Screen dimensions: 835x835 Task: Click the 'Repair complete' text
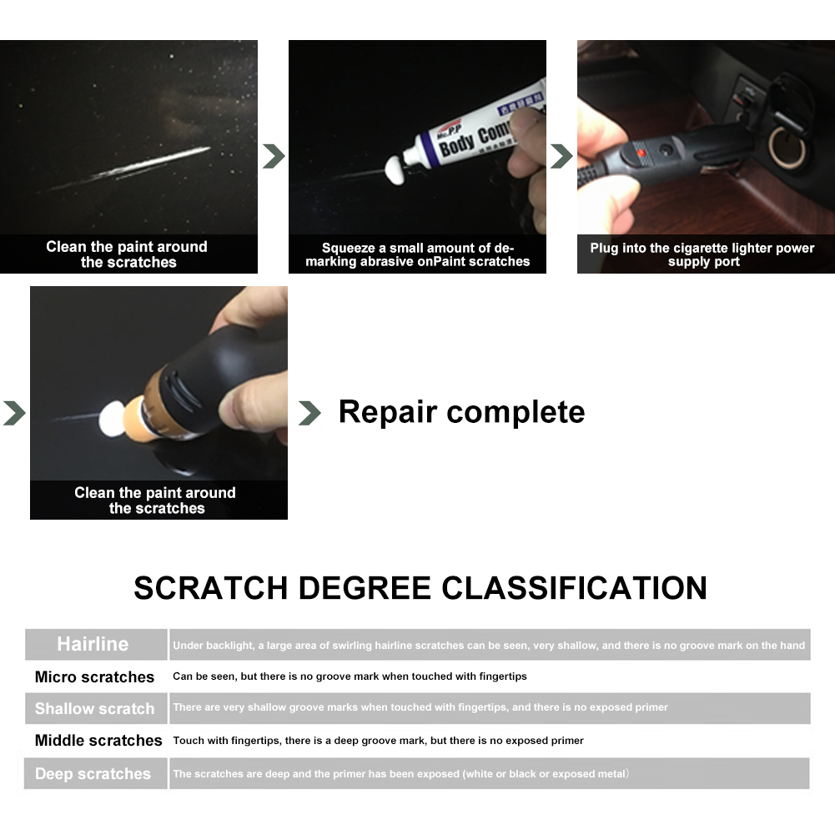[461, 412]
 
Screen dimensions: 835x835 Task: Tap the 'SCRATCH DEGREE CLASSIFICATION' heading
[420, 588]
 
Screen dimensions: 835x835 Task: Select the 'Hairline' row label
[93, 644]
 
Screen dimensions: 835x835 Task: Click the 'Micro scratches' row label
[94, 677]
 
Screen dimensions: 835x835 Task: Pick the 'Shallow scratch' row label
[94, 709]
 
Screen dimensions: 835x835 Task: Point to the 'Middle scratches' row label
[98, 741]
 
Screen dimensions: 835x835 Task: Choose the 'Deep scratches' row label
[93, 774]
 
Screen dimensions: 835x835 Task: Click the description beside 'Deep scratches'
[400, 774]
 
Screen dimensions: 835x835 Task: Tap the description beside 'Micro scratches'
[350, 677]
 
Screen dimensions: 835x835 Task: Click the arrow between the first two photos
[274, 156]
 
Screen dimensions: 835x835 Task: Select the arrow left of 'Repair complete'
[309, 413]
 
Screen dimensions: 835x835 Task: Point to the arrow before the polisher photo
[14, 413]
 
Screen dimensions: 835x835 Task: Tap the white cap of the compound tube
[393, 171]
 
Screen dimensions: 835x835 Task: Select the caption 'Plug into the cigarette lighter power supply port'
[702, 254]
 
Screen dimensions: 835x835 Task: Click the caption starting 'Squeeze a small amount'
[417, 254]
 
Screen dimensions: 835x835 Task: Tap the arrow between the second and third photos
[561, 156]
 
